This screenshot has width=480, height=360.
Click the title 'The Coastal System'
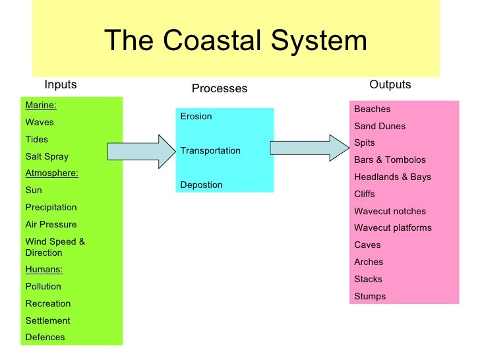(235, 41)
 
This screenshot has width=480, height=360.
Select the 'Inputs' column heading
(61, 84)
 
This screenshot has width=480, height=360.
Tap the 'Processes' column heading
(219, 88)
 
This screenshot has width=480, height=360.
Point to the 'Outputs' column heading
(390, 84)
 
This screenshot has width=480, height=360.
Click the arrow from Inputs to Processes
(139, 151)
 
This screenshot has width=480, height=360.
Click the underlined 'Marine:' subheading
(41, 105)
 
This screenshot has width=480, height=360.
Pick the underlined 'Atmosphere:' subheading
(51, 173)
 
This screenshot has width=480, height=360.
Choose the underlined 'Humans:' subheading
(43, 269)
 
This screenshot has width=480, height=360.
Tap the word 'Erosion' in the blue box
(196, 116)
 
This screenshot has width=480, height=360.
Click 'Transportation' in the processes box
(210, 150)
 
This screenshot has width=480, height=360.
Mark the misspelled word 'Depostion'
(201, 185)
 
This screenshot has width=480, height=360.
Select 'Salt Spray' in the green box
(47, 156)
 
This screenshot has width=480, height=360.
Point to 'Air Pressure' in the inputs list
(51, 224)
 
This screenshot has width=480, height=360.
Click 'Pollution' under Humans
(43, 286)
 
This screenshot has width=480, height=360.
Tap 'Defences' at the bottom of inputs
(45, 337)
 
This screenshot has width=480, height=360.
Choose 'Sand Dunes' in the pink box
(380, 126)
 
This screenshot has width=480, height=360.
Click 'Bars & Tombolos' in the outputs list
(390, 160)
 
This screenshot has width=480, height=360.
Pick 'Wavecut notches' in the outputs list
(390, 211)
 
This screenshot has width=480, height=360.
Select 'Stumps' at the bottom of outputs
(370, 296)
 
